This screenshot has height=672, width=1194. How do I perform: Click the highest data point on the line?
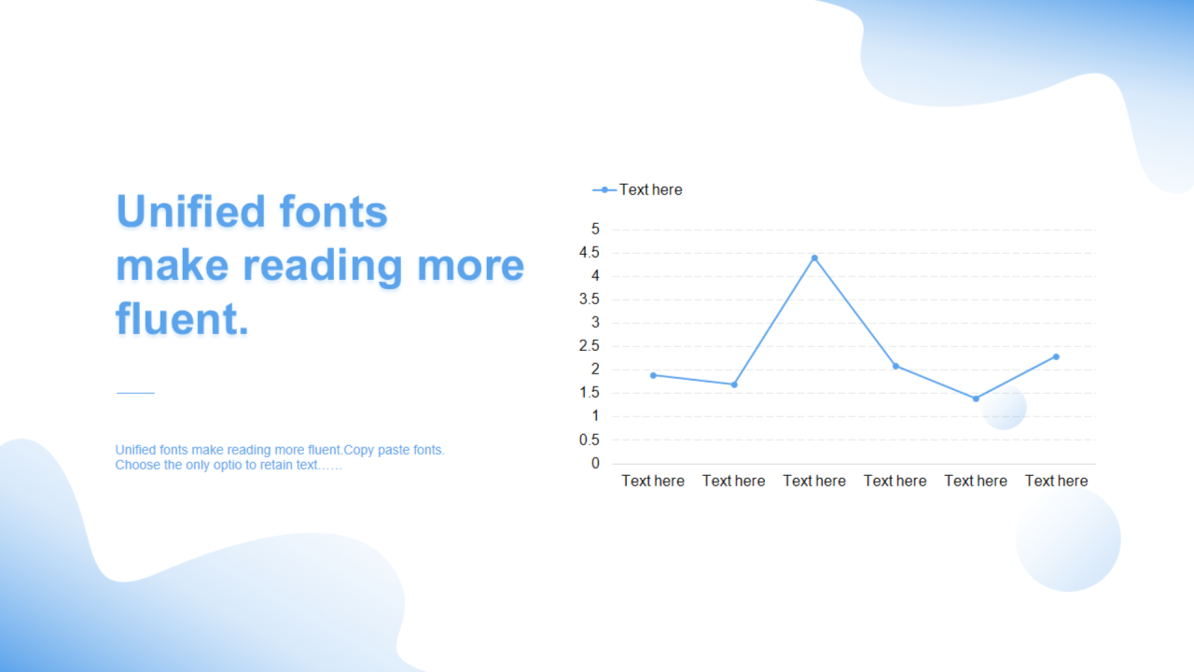814,259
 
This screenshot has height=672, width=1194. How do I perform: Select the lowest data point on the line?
976,399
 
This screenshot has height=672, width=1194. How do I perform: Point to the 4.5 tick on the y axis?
589,252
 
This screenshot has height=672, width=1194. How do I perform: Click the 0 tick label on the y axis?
595,464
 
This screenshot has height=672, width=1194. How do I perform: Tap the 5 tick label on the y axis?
595,229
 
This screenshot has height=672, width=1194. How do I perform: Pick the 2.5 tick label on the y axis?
589,346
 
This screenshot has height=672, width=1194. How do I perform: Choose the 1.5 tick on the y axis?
589,393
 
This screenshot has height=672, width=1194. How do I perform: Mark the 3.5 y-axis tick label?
589,300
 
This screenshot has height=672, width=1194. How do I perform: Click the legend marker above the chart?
604,189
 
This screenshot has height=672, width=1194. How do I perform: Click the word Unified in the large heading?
191,211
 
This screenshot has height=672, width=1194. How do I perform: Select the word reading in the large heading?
323,266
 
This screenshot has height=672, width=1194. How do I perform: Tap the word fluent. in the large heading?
182,319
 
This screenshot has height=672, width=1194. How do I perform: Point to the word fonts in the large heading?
333,211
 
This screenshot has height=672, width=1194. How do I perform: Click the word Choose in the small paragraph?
137,465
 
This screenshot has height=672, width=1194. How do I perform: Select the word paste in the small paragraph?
394,450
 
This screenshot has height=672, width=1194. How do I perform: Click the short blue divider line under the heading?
135,393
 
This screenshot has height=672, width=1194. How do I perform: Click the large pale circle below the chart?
1068,539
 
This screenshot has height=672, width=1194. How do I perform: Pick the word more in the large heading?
471,266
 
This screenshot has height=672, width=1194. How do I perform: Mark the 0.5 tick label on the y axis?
589,440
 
